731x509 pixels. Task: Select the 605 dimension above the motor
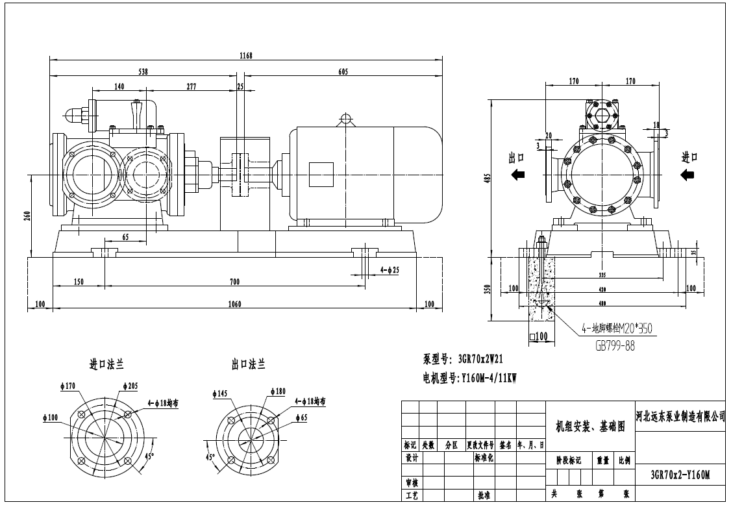(x=343, y=72)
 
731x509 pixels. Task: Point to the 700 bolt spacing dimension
(x=234, y=281)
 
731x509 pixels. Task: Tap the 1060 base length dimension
(x=234, y=303)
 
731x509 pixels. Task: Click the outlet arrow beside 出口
(x=517, y=174)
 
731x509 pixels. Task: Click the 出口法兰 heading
(x=248, y=366)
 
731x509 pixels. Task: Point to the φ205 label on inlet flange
(x=130, y=386)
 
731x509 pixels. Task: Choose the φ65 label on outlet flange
(x=301, y=417)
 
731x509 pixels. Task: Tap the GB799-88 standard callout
(x=615, y=346)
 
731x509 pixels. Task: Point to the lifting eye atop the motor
(x=346, y=119)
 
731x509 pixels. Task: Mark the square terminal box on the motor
(x=320, y=174)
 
